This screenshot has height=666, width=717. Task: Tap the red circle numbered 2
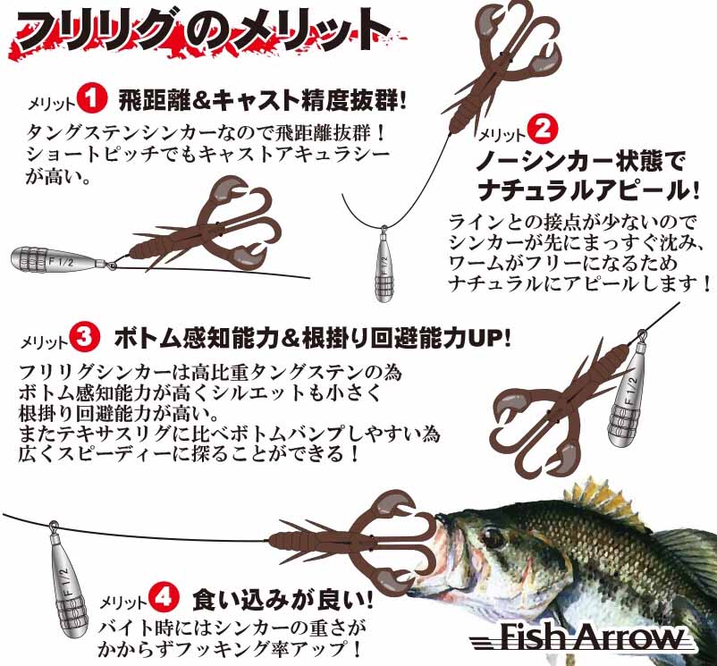[x=543, y=129]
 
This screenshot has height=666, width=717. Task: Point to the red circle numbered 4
[x=164, y=596]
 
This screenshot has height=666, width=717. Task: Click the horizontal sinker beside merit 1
[x=60, y=260]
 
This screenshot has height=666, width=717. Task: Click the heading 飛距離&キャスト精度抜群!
[x=263, y=99]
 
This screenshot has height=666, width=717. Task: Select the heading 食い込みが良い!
[x=283, y=599]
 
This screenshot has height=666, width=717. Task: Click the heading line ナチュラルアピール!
[x=588, y=190]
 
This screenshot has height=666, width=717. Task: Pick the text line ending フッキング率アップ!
[x=229, y=649]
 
